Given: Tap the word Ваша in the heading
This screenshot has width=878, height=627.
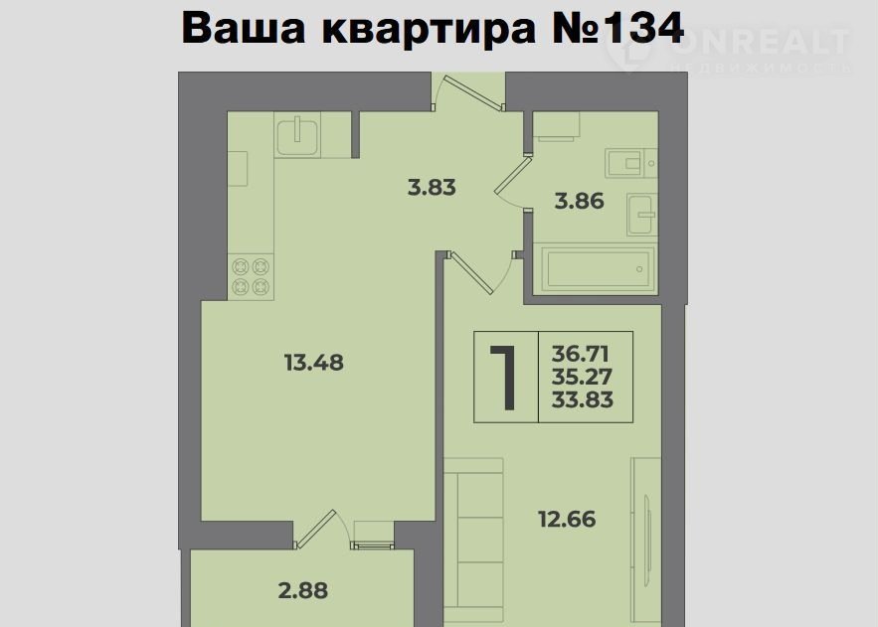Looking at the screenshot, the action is point(244,28).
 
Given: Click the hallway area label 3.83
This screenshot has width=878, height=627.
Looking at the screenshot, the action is point(432,188).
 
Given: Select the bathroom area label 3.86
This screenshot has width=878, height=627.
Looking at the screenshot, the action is point(579,201).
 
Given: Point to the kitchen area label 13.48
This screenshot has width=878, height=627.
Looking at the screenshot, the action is point(313,363).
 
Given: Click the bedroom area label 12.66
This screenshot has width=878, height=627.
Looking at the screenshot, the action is point(567,519).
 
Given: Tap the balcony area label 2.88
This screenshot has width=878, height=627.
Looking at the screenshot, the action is point(303,590).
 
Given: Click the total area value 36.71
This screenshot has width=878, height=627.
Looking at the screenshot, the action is point(580,354).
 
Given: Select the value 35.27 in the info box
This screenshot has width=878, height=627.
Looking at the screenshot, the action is point(582,377).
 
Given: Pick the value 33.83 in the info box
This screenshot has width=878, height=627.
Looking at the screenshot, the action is point(583,399).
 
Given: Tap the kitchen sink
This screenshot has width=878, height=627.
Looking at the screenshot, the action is point(297,135).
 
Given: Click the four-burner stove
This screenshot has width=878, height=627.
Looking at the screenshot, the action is point(251,277).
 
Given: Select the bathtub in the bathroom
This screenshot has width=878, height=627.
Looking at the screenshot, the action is point(594,268).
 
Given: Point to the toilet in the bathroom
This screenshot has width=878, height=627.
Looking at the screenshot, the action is point(631,163).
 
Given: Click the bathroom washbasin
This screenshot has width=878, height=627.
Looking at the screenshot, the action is point(642,215).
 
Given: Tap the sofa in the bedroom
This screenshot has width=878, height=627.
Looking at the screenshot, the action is point(473,542).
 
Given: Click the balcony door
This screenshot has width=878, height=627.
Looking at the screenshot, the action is point(314,529).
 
